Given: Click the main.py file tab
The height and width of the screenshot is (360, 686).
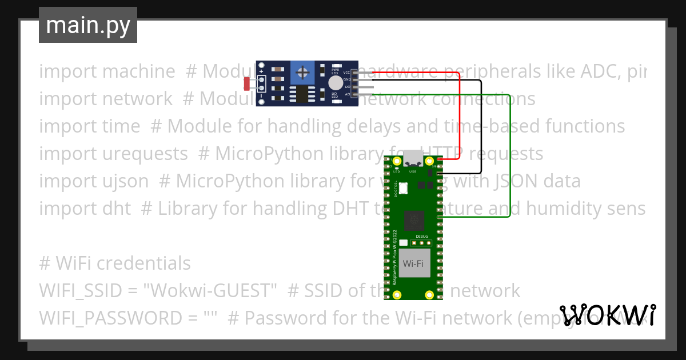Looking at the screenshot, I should [87, 25].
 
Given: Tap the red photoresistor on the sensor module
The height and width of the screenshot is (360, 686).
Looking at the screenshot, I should [248, 84].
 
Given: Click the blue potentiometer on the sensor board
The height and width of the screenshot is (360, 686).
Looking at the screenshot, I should [303, 73].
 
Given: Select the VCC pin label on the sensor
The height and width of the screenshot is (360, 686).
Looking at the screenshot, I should [346, 73].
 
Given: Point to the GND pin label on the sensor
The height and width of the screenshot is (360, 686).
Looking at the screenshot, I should [346, 79].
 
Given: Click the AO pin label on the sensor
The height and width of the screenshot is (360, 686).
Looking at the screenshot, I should [347, 93].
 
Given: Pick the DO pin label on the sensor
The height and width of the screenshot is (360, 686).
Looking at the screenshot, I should [347, 86].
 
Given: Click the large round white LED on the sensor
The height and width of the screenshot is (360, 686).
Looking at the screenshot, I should [336, 83].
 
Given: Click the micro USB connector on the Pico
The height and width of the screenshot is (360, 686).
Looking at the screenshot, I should [413, 158].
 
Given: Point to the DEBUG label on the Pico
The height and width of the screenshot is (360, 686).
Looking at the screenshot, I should [421, 236].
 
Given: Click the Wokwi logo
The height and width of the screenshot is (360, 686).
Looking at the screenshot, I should [608, 315].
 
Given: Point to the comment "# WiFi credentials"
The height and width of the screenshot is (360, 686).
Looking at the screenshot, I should [115, 263].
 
